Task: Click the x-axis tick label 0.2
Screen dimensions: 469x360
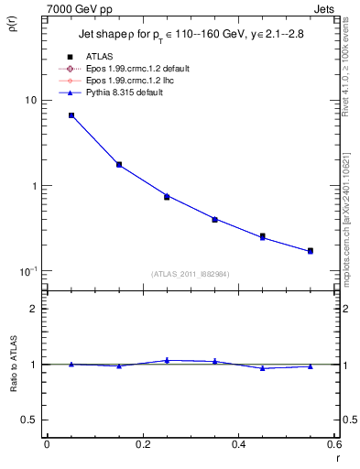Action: (142, 445)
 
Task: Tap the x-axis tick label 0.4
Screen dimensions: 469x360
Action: (238, 445)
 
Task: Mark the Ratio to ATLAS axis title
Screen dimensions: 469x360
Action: (12, 365)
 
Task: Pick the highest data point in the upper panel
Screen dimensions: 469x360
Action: (71, 115)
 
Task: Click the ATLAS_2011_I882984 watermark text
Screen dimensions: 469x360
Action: (190, 274)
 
